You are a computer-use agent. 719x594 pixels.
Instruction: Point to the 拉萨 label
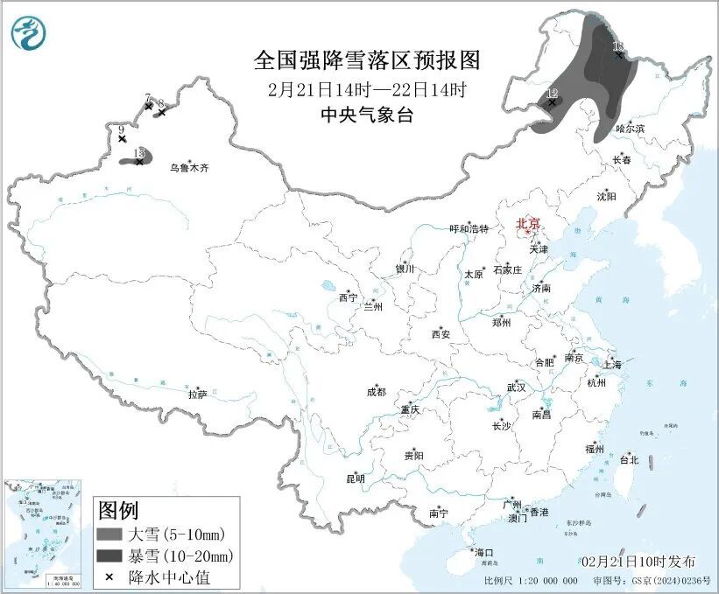pos(197,395)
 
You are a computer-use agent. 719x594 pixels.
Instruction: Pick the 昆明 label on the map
pos(355,479)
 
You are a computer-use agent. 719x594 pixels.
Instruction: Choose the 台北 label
pos(629,459)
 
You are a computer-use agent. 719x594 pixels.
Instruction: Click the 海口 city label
pos(484,552)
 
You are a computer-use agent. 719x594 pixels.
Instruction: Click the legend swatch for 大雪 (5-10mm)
pos(109,534)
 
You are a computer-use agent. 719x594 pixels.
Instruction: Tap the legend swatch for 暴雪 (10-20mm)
pos(109,556)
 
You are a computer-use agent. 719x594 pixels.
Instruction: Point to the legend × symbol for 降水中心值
pos(109,577)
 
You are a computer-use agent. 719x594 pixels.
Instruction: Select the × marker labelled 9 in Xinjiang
pos(122,139)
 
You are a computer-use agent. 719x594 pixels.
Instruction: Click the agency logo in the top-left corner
pos(29,32)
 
